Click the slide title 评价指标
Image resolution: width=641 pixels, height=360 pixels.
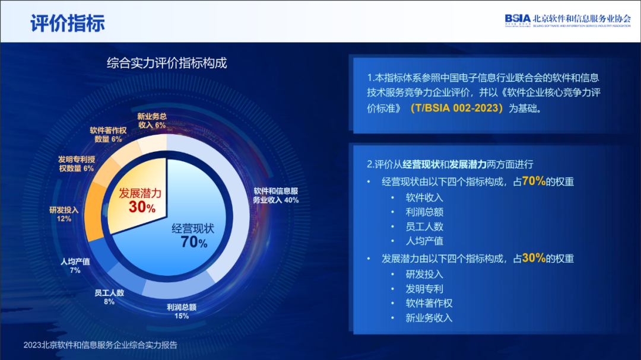point(68,23)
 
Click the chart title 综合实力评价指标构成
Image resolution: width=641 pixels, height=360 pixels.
point(167,63)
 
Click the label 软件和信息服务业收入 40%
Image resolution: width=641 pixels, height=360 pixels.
point(275,195)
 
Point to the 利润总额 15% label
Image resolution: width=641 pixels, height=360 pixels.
point(182,311)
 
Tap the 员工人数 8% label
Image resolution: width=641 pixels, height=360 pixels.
point(109,297)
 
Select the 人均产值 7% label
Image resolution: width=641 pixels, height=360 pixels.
point(75,266)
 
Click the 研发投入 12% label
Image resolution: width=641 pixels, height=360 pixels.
point(64,214)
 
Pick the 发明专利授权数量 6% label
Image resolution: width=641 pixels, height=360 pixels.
point(77,164)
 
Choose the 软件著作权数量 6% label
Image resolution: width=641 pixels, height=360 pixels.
point(109,135)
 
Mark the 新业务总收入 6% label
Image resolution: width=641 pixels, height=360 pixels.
point(152,120)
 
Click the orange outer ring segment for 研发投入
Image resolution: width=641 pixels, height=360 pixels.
point(93,211)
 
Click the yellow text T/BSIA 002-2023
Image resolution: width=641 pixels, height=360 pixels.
point(456,108)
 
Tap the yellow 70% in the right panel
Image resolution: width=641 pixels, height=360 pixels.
point(534,181)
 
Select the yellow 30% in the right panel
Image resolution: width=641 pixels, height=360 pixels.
point(534,257)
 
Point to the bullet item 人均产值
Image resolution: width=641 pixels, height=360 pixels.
point(424,241)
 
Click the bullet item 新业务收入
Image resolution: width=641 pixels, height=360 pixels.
point(429,318)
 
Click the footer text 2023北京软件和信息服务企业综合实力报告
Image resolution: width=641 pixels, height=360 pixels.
point(100,345)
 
